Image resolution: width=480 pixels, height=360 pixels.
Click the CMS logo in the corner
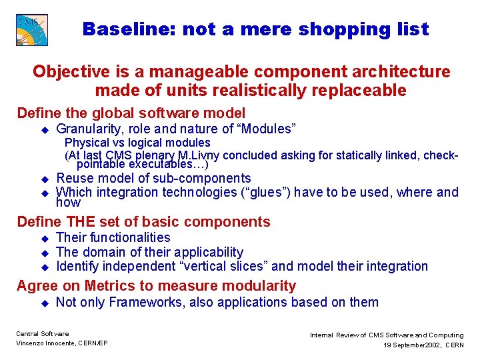32,30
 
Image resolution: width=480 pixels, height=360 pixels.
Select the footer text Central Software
42,334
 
